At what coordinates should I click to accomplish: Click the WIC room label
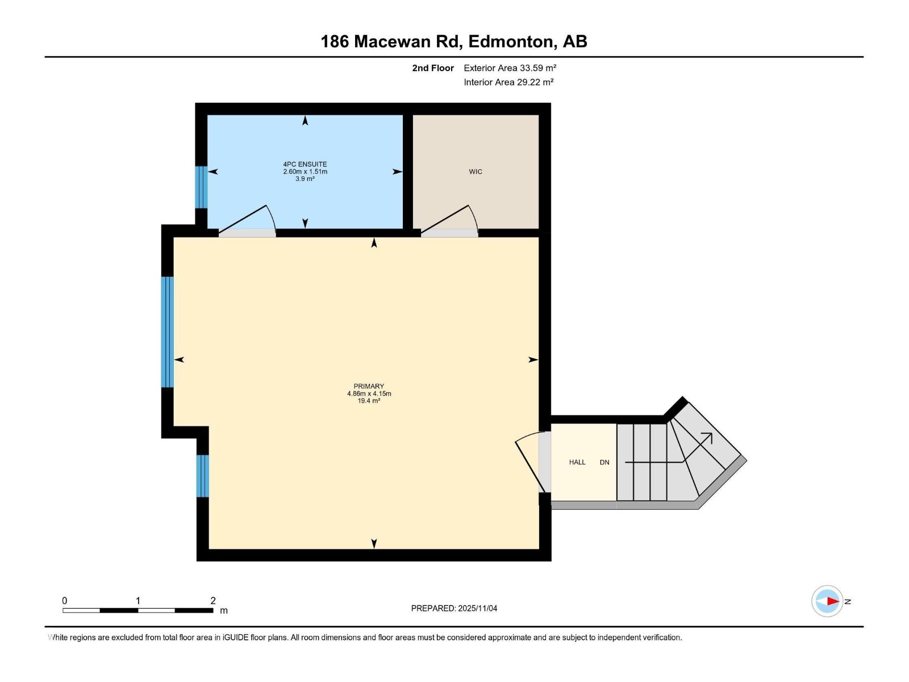[476, 172]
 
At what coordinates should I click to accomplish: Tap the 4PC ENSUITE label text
[305, 164]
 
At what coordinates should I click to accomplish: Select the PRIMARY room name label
[369, 386]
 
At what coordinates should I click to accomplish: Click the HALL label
[577, 462]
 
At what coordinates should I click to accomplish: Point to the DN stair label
[604, 462]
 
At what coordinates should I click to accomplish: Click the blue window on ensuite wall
[201, 187]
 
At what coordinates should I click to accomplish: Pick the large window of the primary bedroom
[167, 332]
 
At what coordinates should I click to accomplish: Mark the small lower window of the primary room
[203, 476]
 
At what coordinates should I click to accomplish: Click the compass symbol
[828, 601]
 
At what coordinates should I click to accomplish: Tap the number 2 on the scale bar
[213, 601]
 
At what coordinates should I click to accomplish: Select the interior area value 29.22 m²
[535, 82]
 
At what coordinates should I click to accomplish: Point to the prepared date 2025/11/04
[477, 608]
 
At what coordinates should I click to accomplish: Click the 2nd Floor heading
[433, 68]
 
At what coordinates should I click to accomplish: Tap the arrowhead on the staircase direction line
[708, 436]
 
